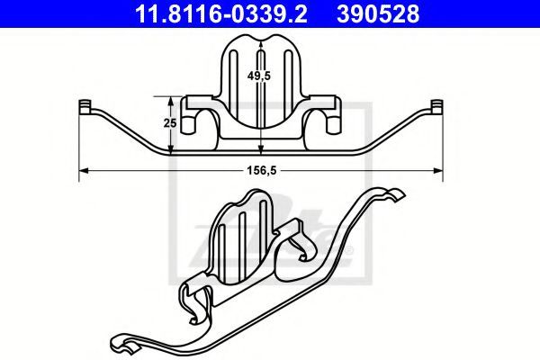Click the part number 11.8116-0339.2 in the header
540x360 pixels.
point(221,13)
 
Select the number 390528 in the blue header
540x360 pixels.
point(378,13)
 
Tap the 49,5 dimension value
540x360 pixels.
point(258,75)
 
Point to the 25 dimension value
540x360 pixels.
point(170,122)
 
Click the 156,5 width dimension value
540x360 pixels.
point(261,170)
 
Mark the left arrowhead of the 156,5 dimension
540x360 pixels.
point(84,170)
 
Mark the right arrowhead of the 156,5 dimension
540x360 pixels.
point(438,170)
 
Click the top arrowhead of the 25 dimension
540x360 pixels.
point(170,101)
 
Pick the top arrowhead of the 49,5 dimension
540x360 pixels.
point(261,45)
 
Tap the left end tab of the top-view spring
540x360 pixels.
point(84,107)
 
